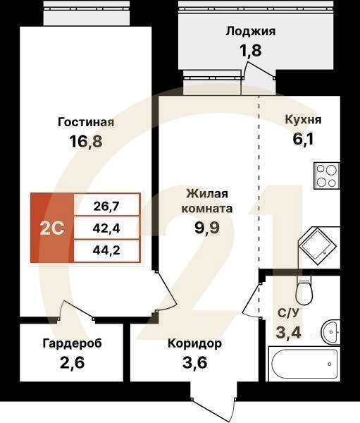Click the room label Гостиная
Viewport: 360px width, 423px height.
click(85, 122)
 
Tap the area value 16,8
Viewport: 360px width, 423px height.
click(85, 141)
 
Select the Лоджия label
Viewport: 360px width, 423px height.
click(250, 31)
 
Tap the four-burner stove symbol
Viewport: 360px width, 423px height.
click(326, 175)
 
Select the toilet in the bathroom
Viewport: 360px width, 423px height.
click(304, 289)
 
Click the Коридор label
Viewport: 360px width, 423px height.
click(194, 344)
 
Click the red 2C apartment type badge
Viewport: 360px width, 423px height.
click(51, 228)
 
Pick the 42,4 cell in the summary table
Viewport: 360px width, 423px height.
click(106, 228)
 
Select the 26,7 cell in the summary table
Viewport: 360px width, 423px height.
click(106, 206)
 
